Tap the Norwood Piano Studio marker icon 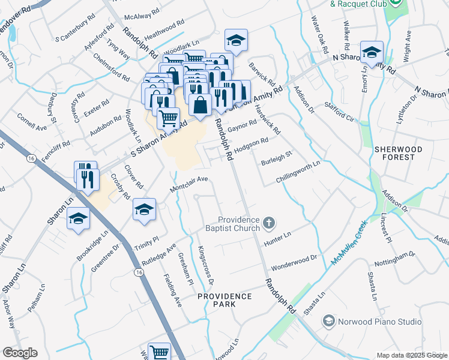pyautogui.click(x=329, y=322)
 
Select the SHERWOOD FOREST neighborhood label pyautogui.click(x=394, y=152)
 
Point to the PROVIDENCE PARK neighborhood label pyautogui.click(x=225, y=300)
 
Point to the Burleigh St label pyautogui.click(x=276, y=158)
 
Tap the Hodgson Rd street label pyautogui.click(x=250, y=145)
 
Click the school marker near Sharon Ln pyautogui.click(x=79, y=219)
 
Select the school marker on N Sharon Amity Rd pyautogui.click(x=372, y=52)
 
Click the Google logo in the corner pyautogui.click(x=20, y=353)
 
